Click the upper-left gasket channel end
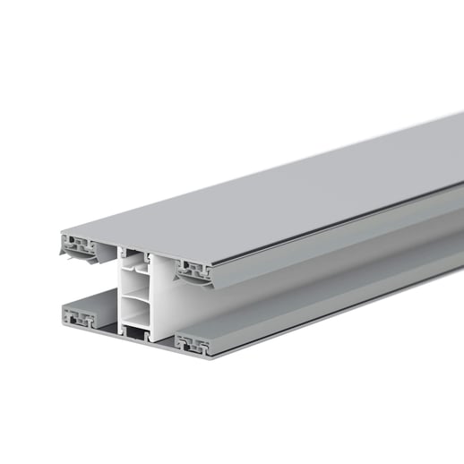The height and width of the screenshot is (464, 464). click(x=77, y=243)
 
